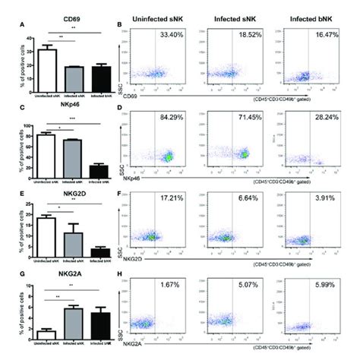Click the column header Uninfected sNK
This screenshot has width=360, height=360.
158,14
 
